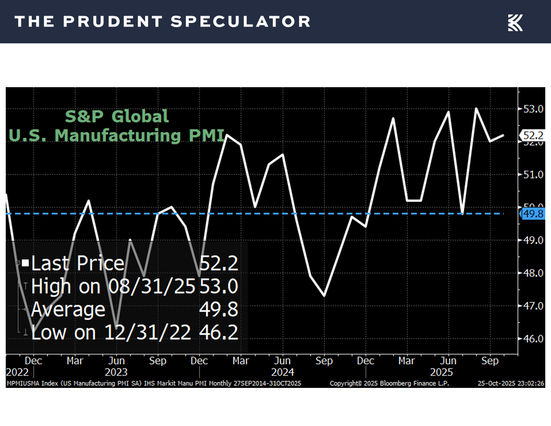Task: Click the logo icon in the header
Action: coord(515,22)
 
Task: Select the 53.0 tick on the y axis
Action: coord(532,109)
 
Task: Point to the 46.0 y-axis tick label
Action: coord(532,338)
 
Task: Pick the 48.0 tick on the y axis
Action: coord(532,273)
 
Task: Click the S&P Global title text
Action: coord(117,116)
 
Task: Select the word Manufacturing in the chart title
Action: coord(117,135)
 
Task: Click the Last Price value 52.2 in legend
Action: coord(219,263)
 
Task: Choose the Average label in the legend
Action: coord(68,310)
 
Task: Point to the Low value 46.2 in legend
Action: coord(219,333)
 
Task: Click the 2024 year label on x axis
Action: coord(282,372)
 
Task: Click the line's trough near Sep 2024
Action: coord(324,296)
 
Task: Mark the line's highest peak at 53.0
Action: coord(476,109)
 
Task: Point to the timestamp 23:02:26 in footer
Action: coord(529,383)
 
